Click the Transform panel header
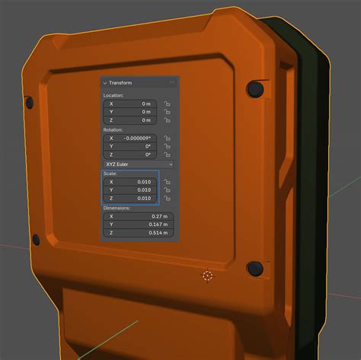(x=122, y=82)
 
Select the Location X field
(x=130, y=103)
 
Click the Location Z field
(x=130, y=120)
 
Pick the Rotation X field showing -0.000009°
(x=130, y=138)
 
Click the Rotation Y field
(x=130, y=146)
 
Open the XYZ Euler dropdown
(x=139, y=164)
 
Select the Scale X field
(x=130, y=182)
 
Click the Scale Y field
(x=130, y=190)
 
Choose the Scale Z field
(x=130, y=199)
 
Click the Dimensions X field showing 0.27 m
(x=139, y=216)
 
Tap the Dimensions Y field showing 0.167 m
(x=139, y=225)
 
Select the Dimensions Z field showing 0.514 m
(x=139, y=233)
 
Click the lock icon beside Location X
(x=168, y=104)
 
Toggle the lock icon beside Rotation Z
(x=168, y=155)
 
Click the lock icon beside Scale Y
(x=168, y=190)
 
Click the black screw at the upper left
(x=30, y=101)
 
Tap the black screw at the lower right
(x=255, y=269)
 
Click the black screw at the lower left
(x=35, y=241)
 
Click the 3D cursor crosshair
(x=207, y=275)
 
